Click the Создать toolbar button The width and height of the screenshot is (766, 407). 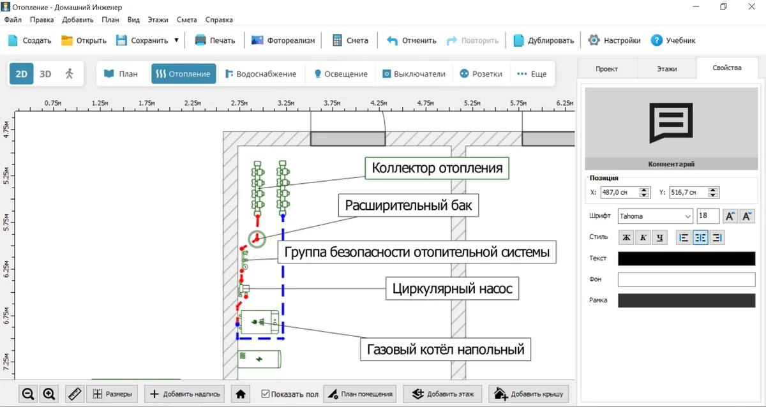(x=29, y=40)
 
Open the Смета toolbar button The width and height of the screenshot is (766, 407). (x=350, y=40)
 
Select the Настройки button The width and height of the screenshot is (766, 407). (x=614, y=40)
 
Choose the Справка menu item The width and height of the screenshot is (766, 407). (x=219, y=20)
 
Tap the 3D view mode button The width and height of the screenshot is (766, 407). (x=45, y=74)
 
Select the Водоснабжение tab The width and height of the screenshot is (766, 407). (x=260, y=74)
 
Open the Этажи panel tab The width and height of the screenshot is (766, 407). (x=666, y=68)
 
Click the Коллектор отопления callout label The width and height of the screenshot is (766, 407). (x=437, y=168)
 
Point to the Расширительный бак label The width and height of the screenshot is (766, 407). (x=409, y=205)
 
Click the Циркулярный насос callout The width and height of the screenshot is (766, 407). (x=452, y=289)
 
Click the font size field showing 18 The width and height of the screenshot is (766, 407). (x=707, y=216)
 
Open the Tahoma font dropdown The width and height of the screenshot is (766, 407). (x=655, y=216)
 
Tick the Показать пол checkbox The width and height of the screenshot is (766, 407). (x=266, y=394)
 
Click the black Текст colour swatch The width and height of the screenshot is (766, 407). (x=686, y=258)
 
